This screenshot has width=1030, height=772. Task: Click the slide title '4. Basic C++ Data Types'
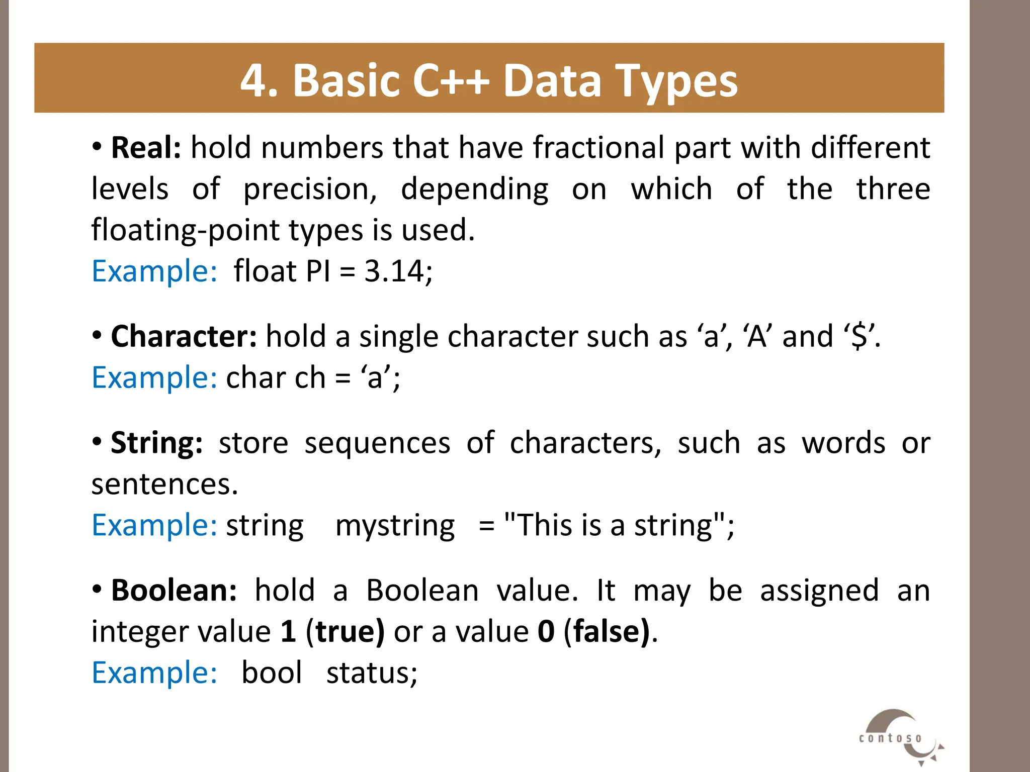point(489,80)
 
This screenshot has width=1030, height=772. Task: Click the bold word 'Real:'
point(146,148)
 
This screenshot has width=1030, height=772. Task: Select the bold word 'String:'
point(156,443)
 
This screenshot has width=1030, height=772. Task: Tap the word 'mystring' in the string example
point(395,526)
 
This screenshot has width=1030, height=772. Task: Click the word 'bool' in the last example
point(272,672)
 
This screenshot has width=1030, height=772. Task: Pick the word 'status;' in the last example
point(372,672)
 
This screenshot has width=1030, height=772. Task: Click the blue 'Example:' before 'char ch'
point(154,377)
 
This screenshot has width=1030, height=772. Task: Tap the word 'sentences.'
point(164,484)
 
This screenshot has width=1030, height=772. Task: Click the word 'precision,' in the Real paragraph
point(310,189)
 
